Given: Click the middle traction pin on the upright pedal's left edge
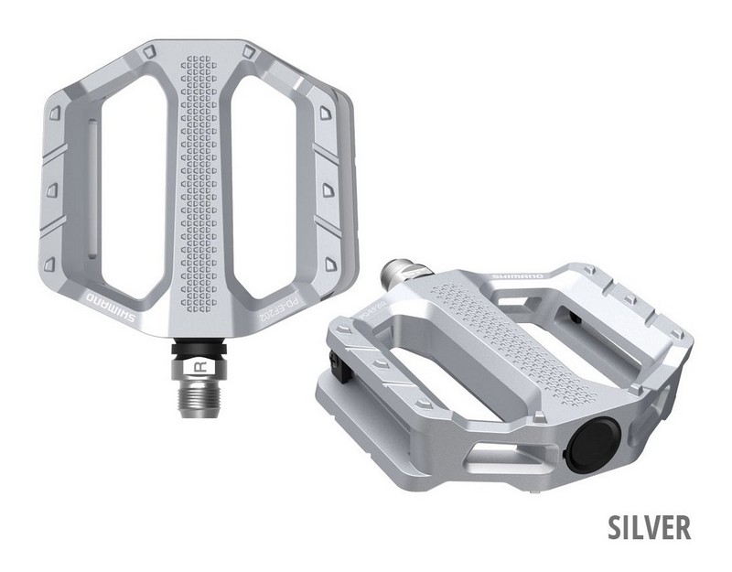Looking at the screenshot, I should [x=52, y=190].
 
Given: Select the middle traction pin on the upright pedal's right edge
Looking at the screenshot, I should [x=327, y=189].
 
